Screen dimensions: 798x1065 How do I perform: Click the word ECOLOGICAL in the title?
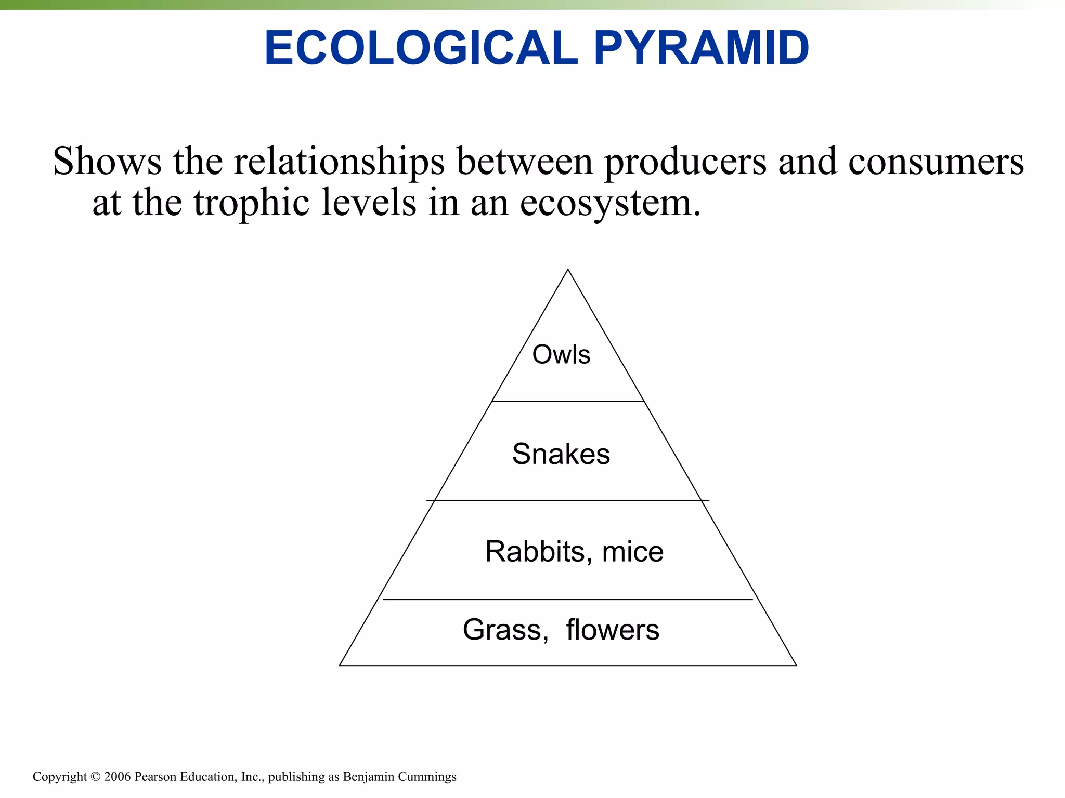(421, 48)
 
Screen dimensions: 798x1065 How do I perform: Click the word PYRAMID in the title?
(701, 48)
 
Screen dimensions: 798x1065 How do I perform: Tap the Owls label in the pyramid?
(561, 355)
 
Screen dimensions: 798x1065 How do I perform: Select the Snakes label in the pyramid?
(561, 454)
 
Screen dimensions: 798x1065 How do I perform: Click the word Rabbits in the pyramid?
(535, 552)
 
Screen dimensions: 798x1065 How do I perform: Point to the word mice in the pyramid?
(632, 552)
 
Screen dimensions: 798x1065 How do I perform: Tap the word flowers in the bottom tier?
(613, 630)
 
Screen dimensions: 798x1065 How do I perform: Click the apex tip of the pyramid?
(568, 270)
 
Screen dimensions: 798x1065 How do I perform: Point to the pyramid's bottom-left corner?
(340, 665)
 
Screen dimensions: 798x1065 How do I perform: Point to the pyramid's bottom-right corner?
(796, 665)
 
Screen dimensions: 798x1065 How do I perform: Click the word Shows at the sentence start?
(107, 161)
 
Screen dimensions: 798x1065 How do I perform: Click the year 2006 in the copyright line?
(117, 777)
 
